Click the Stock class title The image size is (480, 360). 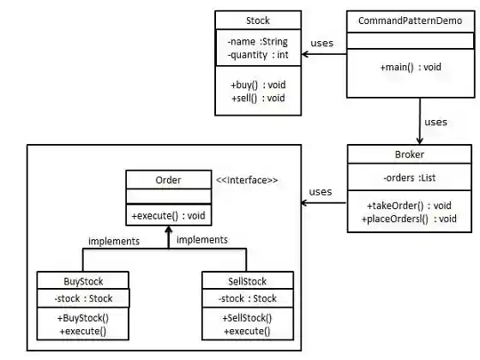[257, 20]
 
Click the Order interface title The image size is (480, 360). [167, 179]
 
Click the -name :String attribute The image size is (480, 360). [257, 40]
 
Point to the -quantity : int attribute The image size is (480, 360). [257, 55]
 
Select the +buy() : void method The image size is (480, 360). [257, 85]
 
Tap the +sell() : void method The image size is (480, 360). [257, 99]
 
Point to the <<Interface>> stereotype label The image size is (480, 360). [247, 180]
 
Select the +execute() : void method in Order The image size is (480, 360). [167, 214]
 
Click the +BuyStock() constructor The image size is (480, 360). [83, 318]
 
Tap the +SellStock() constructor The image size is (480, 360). [246, 318]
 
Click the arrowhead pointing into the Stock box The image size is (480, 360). [305, 54]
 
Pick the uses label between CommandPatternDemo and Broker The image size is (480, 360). [435, 122]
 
